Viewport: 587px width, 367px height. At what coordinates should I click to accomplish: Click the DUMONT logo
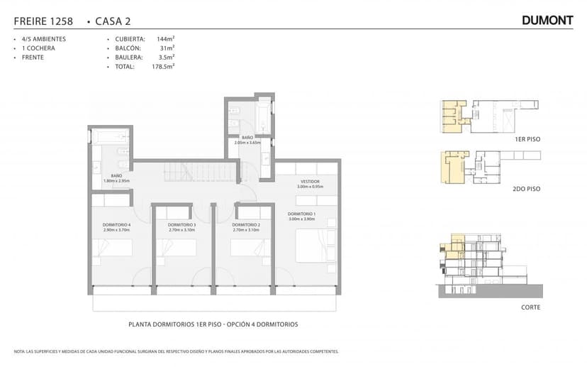tap(547, 21)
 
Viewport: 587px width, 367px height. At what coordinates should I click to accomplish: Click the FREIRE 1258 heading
tap(43, 21)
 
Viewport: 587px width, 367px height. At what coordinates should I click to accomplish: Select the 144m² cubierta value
tap(165, 39)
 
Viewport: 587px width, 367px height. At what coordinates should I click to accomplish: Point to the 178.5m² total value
tap(162, 66)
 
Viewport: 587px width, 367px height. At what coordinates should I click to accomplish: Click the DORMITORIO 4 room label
tap(117, 225)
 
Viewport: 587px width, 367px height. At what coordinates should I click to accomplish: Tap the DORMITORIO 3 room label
tap(182, 225)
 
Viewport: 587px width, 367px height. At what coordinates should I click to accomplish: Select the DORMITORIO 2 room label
tap(246, 225)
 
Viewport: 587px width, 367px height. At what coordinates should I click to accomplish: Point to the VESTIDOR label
tap(310, 182)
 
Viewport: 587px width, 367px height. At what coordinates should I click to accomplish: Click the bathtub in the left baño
tap(110, 135)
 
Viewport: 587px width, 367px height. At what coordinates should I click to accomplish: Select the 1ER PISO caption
tap(527, 140)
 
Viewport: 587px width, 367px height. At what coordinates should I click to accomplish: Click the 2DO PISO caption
tap(527, 190)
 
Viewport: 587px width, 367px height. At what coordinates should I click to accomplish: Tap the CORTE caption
tap(530, 307)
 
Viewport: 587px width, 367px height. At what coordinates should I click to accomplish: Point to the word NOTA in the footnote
tap(19, 351)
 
